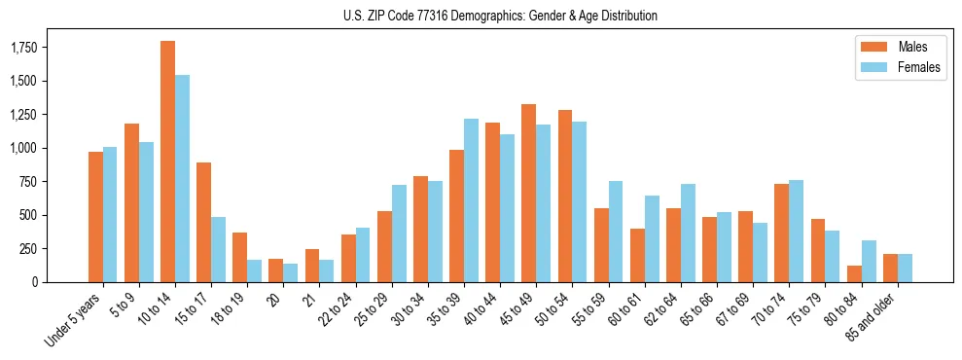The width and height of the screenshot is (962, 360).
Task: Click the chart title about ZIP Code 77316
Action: [500, 16]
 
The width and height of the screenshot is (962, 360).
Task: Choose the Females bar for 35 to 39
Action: [471, 200]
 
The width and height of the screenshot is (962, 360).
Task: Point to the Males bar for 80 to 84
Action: [854, 273]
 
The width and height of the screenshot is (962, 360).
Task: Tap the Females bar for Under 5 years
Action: [110, 214]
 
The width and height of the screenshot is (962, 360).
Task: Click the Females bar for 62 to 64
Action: [688, 233]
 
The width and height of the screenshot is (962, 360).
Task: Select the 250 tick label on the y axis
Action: [29, 248]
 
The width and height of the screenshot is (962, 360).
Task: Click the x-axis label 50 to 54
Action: [551, 308]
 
